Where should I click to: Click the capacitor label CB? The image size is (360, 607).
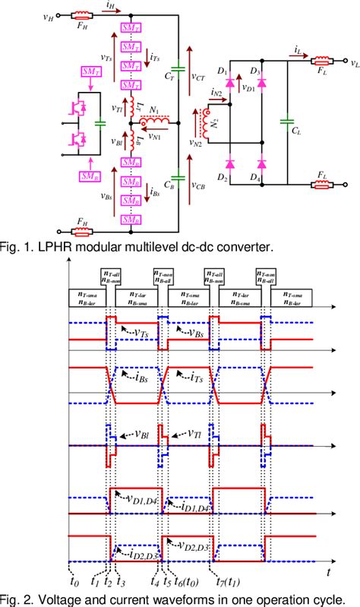(170, 184)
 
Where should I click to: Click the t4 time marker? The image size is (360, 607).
(154, 583)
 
